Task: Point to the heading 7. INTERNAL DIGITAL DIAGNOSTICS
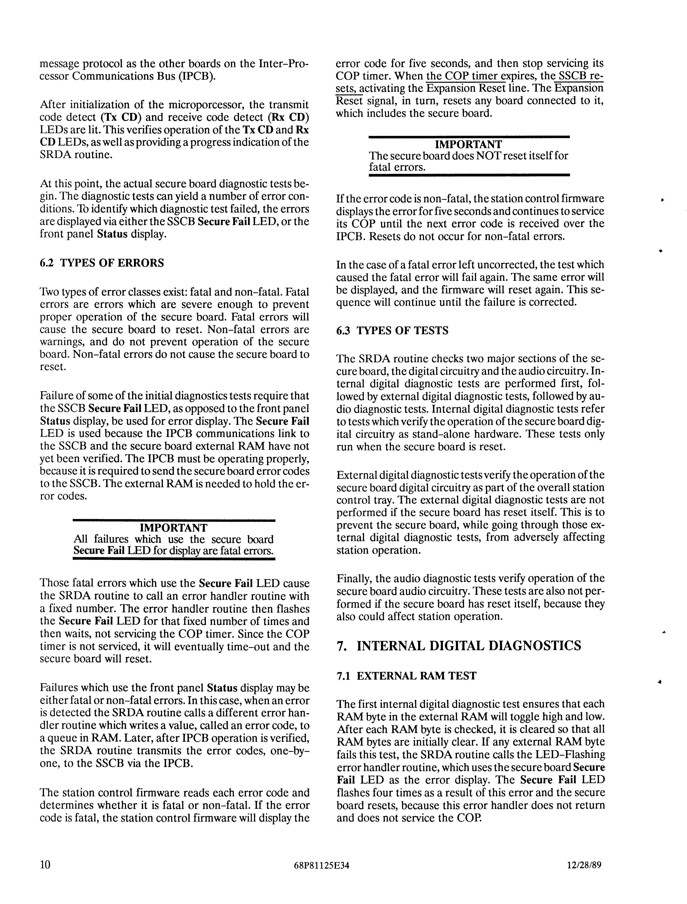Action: pyautogui.click(x=458, y=646)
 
